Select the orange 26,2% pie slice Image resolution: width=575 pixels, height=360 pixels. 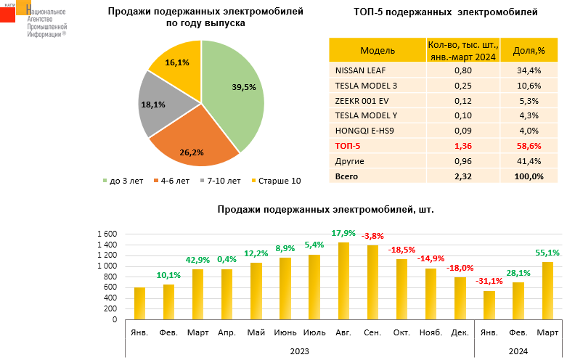coord(192,142)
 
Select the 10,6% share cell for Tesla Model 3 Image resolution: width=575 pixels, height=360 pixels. coord(529,86)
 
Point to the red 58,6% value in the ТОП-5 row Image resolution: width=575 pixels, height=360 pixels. coord(529,146)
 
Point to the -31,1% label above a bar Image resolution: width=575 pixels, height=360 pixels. coord(486,281)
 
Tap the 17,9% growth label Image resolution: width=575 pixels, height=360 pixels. coord(343,233)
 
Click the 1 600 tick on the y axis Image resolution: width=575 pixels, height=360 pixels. coord(106,234)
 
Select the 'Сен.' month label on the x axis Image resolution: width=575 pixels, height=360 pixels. coord(372,333)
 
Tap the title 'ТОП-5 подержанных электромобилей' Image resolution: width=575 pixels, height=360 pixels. coord(445,12)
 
